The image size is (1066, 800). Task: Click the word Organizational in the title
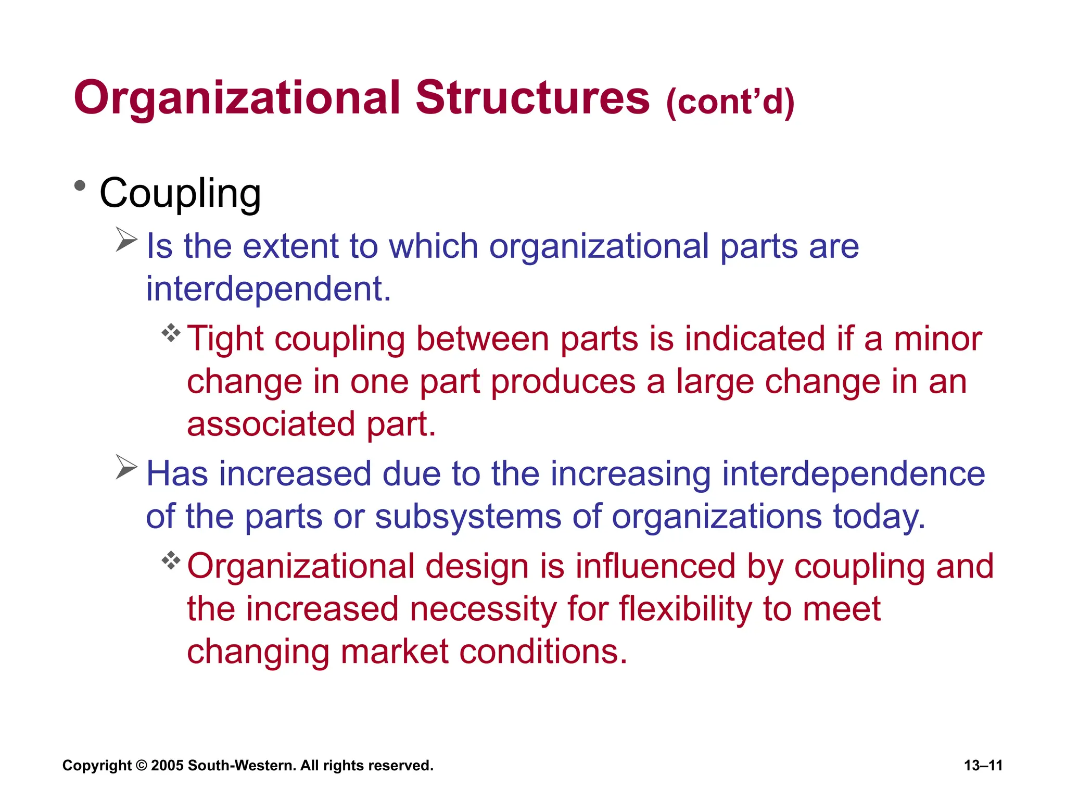[237, 99]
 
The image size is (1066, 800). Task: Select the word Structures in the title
[532, 98]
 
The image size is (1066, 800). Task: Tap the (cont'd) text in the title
[730, 102]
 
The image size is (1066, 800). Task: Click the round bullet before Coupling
[80, 186]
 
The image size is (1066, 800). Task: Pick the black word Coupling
[180, 193]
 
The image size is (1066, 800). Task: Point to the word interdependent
[268, 289]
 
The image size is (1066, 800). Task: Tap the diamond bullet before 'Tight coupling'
[171, 333]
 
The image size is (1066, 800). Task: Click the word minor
[937, 339]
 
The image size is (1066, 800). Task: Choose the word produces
[563, 382]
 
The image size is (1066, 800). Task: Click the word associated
[271, 424]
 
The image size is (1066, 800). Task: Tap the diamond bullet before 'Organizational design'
[171, 561]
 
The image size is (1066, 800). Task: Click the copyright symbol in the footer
[142, 766]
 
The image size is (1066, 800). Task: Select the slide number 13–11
[983, 766]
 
